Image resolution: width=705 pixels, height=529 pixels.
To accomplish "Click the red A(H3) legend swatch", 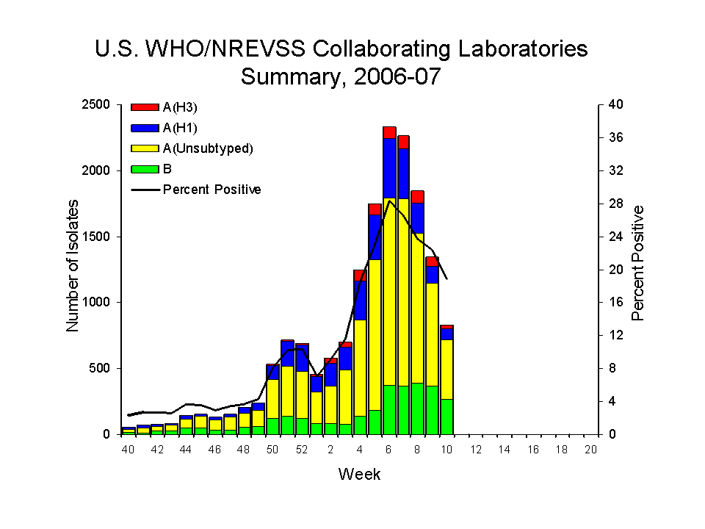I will coord(145,107).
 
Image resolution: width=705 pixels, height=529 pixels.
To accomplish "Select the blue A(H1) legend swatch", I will coord(145,128).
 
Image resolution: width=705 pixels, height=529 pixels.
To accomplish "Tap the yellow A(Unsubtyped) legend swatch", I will coord(145,148).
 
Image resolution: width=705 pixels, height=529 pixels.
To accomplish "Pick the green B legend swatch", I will coord(145,169).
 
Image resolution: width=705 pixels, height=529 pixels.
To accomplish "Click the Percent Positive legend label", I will coord(211,190).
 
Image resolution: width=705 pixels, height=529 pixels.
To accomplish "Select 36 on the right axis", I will coord(615,138).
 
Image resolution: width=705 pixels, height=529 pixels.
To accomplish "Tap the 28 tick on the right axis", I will coord(615,204).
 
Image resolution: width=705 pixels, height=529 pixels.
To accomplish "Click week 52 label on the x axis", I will coord(301,450).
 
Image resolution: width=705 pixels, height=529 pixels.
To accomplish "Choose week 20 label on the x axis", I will coord(590,450).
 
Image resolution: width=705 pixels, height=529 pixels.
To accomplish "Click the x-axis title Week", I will coord(359,475).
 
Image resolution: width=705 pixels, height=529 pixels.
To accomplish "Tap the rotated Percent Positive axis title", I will coord(637,263).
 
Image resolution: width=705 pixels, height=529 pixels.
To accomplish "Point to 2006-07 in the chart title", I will coord(398,76).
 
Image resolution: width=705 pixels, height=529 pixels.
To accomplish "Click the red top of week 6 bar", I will coord(389,132).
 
